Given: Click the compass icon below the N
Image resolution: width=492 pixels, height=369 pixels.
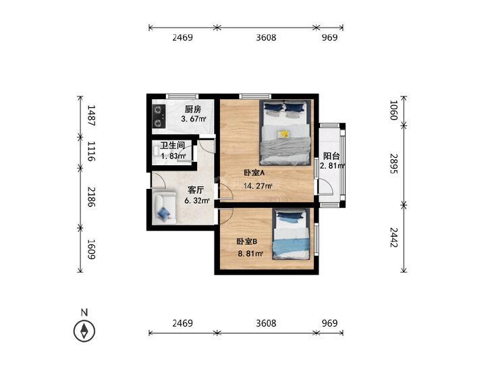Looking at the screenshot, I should click(84, 331).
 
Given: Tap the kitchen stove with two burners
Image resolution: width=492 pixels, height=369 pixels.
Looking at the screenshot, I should click(159, 115).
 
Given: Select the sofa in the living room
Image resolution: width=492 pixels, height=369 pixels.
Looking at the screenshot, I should click(163, 207).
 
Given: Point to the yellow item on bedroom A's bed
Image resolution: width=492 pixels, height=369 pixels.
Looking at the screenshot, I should click(284, 134).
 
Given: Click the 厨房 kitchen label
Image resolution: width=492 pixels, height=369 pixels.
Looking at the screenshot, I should click(193, 109).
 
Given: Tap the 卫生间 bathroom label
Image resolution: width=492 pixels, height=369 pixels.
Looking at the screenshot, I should click(172, 145).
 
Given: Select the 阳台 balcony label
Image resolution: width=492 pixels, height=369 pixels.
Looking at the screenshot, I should click(331, 154).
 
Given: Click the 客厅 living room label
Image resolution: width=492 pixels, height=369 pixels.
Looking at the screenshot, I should click(196, 190).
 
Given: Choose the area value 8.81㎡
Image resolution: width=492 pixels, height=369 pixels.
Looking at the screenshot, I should click(249, 254).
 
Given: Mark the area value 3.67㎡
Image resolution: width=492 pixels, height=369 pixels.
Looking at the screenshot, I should click(193, 120).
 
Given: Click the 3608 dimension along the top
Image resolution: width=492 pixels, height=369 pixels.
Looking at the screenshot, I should click(266, 38).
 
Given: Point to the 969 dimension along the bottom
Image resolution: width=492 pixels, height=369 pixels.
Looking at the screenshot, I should click(329, 323).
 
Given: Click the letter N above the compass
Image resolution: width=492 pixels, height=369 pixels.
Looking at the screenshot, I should click(84, 312).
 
